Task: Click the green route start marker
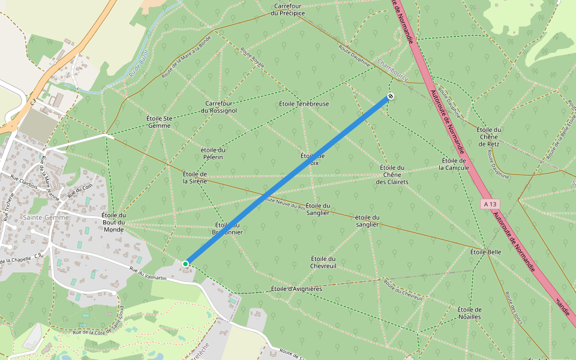tap(186, 263)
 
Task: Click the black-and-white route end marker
tap(391, 96)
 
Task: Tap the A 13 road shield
tap(490, 205)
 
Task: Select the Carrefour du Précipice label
tap(289, 10)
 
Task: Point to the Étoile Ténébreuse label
tap(304, 104)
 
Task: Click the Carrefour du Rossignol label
tap(218, 107)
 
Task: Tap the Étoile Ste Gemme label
tap(160, 122)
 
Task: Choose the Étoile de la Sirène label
tap(194, 177)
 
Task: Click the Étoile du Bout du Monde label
tap(113, 222)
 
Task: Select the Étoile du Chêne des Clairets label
tap(392, 175)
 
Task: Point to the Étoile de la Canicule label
tap(455, 164)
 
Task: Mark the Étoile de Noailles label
tap(469, 313)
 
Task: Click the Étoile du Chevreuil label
tap(323, 262)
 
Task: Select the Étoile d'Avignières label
tap(296, 289)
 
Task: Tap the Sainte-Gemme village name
tap(45, 217)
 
